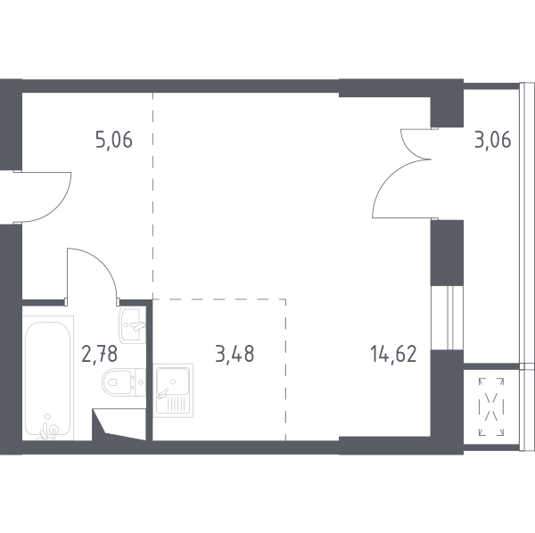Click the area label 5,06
tap(114, 140)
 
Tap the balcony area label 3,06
tap(493, 140)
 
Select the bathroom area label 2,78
tap(100, 354)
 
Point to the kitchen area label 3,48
tap(235, 354)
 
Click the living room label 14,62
tap(393, 354)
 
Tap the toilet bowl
tap(117, 382)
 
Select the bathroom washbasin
tap(132, 324)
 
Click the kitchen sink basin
tap(173, 381)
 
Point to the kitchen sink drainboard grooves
tap(177, 405)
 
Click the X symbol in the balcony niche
tap(491, 406)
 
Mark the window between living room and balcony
tap(447, 317)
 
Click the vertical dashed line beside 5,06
tap(152, 195)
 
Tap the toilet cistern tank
tap(141, 382)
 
